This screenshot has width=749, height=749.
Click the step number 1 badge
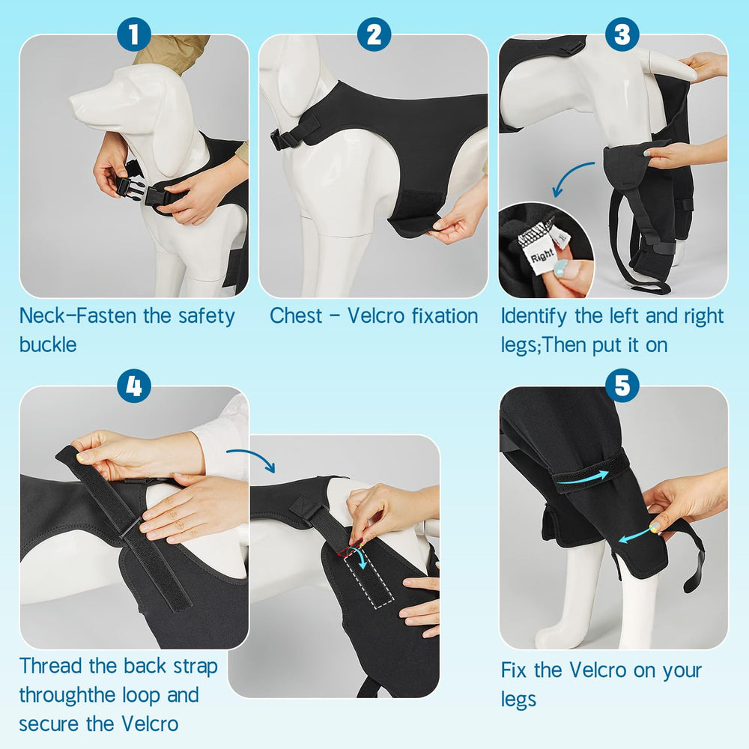click(134, 34)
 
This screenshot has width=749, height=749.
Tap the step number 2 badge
click(374, 34)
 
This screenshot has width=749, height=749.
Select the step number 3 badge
click(622, 34)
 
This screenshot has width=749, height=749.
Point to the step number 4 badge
click(134, 386)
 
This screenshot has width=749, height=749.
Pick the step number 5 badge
click(622, 386)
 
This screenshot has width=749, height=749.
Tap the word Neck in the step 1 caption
click(41, 315)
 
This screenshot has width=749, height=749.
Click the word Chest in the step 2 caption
click(296, 315)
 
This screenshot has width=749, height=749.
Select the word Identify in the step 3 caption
click(533, 316)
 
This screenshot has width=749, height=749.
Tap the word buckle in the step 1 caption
click(48, 345)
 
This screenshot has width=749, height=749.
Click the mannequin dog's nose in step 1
click(74, 101)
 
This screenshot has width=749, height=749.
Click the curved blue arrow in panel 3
click(572, 178)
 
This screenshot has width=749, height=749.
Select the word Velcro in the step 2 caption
click(376, 315)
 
